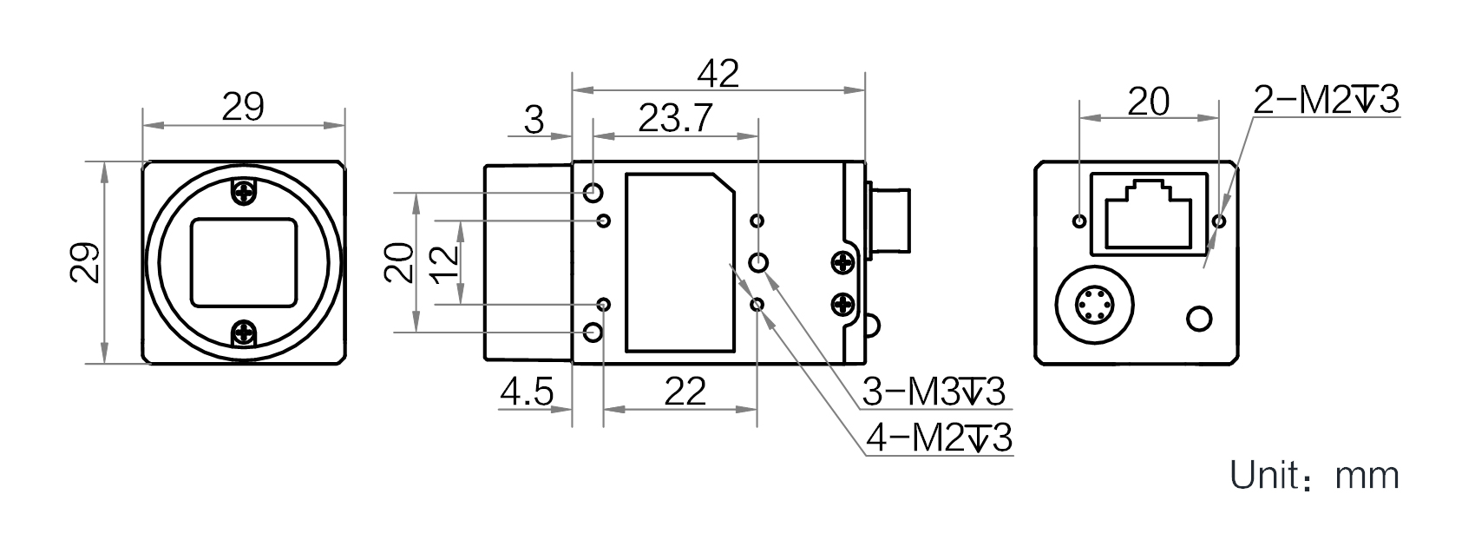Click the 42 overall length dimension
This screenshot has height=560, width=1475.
(x=718, y=73)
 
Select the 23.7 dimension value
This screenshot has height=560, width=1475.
(x=676, y=119)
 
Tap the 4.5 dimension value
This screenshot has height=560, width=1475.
(x=527, y=392)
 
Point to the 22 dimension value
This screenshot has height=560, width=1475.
(x=685, y=392)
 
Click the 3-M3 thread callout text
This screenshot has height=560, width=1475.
(x=934, y=392)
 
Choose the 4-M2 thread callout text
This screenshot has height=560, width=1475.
(x=939, y=438)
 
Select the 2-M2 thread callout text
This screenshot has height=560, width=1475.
(x=1326, y=101)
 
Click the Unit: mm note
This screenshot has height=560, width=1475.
(x=1314, y=475)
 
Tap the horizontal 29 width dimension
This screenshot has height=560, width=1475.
(x=243, y=107)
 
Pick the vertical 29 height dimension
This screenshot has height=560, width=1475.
(x=86, y=263)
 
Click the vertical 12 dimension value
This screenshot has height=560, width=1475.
(x=445, y=264)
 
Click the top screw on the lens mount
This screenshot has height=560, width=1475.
(x=244, y=192)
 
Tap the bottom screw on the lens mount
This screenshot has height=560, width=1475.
(x=244, y=332)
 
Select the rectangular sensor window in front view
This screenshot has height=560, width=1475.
(x=244, y=262)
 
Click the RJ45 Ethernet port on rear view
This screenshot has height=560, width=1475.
(x=1149, y=214)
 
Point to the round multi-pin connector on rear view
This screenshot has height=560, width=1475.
(x=1094, y=305)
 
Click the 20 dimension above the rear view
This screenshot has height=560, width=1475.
(x=1149, y=102)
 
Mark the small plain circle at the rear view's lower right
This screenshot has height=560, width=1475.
(x=1199, y=319)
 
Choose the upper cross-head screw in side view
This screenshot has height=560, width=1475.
(x=842, y=264)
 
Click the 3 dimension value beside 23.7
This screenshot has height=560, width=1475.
(x=534, y=120)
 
